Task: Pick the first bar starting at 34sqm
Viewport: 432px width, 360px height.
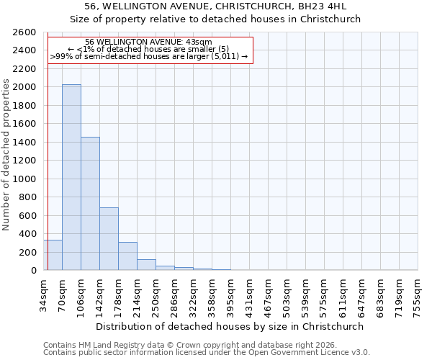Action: tap(53, 256)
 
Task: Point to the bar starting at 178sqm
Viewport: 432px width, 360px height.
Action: tap(127, 256)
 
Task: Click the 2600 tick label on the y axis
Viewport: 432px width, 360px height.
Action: tap(24, 32)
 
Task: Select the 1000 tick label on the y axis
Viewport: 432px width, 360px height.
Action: tap(24, 179)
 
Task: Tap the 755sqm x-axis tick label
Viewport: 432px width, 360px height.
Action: tap(418, 295)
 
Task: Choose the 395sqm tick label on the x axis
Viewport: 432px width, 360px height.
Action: tap(231, 295)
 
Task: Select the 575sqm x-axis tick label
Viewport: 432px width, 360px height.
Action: tap(325, 295)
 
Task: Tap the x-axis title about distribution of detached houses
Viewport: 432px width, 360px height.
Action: tap(230, 326)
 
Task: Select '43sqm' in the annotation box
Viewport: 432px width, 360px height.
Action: tap(198, 42)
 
